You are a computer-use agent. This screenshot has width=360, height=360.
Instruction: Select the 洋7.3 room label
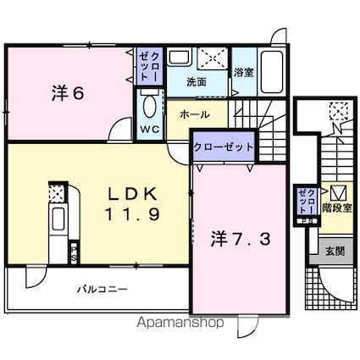[x=241, y=239]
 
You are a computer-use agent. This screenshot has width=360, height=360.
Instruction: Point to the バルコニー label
[x=102, y=289]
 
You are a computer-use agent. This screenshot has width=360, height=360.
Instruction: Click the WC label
[x=150, y=130]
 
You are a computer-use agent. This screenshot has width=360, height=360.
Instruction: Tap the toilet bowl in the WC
[x=150, y=106]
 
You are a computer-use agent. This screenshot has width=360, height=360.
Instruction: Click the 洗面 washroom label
[x=197, y=81]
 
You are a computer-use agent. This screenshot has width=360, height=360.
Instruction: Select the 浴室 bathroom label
[x=243, y=73]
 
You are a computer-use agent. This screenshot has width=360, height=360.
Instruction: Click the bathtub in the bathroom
[x=272, y=72]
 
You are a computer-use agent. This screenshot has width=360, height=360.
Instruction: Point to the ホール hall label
[x=195, y=114]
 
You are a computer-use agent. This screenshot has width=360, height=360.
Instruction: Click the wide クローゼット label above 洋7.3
[x=224, y=147]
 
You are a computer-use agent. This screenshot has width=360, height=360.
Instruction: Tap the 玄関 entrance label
[x=335, y=251]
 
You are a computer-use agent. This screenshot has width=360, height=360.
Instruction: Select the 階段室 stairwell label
[x=337, y=208]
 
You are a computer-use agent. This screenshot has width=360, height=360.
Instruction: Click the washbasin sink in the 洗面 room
[x=179, y=57]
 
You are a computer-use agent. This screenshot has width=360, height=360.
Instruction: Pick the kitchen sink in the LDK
[x=58, y=219]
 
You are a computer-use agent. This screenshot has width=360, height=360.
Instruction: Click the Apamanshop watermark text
[x=180, y=323]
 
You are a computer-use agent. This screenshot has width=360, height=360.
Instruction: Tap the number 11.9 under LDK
[x=133, y=213]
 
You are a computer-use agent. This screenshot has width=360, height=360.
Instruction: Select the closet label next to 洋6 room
[x=150, y=67]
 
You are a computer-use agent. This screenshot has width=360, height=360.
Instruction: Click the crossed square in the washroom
[x=213, y=58]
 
